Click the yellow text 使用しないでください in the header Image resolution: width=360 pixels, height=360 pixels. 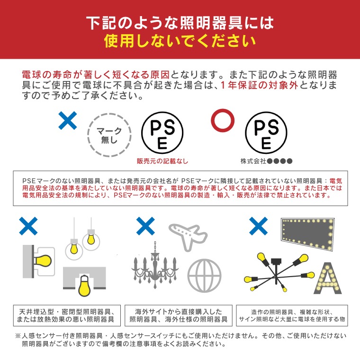(x=180, y=41)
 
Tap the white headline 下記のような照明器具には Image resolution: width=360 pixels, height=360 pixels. (x=180, y=22)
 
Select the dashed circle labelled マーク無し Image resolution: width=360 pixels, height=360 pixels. (x=109, y=135)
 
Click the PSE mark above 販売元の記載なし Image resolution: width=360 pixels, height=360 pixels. (x=162, y=134)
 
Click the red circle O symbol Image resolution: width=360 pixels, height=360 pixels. (x=222, y=120)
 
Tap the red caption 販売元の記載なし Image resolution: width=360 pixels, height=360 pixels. (x=162, y=161)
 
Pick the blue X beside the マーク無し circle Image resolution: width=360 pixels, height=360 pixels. (x=68, y=121)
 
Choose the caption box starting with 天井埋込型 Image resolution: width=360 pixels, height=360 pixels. (x=67, y=315)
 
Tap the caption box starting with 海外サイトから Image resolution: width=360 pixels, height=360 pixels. (x=178, y=315)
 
